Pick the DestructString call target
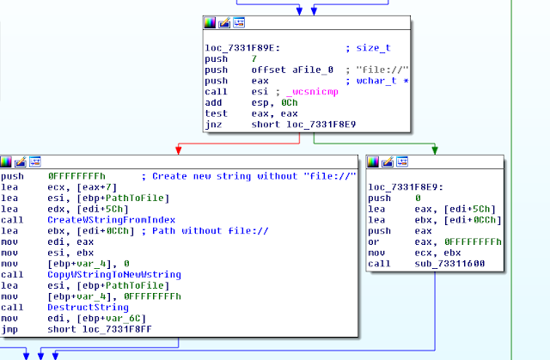84,308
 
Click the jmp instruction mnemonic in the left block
12,330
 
